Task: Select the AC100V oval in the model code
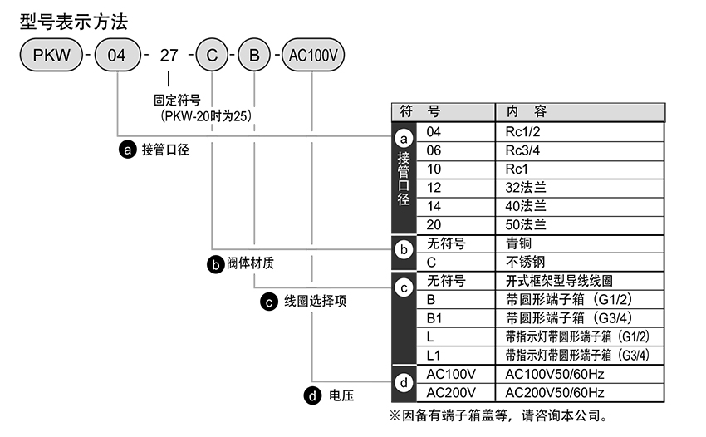[315, 56]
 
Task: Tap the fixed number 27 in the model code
[169, 56]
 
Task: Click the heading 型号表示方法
[73, 21]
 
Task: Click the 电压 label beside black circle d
[341, 395]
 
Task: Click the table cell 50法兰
[526, 224]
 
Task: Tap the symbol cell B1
[435, 318]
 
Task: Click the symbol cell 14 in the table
[434, 206]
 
